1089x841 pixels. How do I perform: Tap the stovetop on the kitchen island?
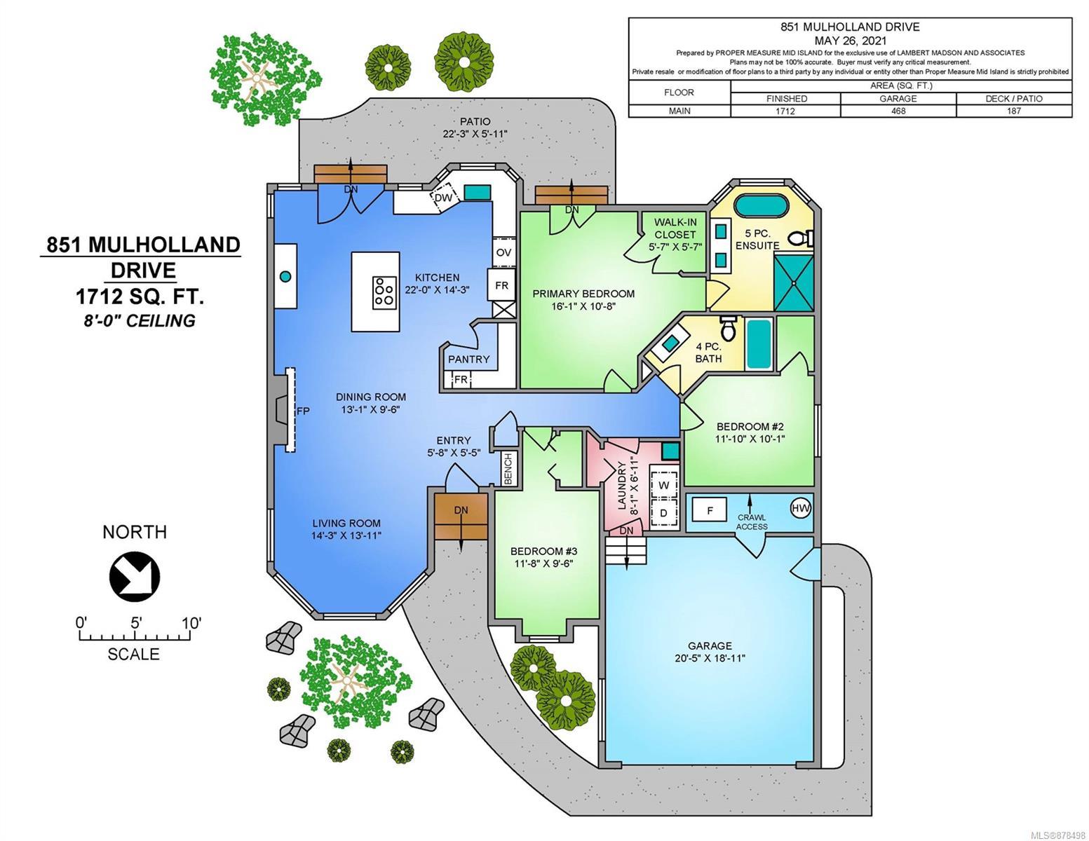pyautogui.click(x=384, y=292)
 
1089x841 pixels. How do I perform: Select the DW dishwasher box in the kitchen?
pyautogui.click(x=444, y=196)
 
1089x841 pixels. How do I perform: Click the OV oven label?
pyautogui.click(x=503, y=252)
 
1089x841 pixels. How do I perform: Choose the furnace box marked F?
pyautogui.click(x=709, y=510)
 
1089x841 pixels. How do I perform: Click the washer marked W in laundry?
pyautogui.click(x=663, y=485)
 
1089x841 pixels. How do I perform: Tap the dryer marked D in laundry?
pyautogui.click(x=663, y=513)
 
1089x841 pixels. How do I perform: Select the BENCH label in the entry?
pyautogui.click(x=508, y=468)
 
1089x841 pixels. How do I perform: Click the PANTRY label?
pyautogui.click(x=468, y=359)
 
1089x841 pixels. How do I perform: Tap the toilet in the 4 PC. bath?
pyautogui.click(x=728, y=327)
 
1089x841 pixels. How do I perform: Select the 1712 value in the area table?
pyautogui.click(x=785, y=111)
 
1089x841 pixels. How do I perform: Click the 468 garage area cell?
pyautogui.click(x=898, y=111)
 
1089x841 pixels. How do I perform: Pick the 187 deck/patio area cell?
pyautogui.click(x=1013, y=111)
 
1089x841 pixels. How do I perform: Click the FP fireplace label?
pyautogui.click(x=303, y=411)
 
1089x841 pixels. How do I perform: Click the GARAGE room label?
pyautogui.click(x=710, y=645)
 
